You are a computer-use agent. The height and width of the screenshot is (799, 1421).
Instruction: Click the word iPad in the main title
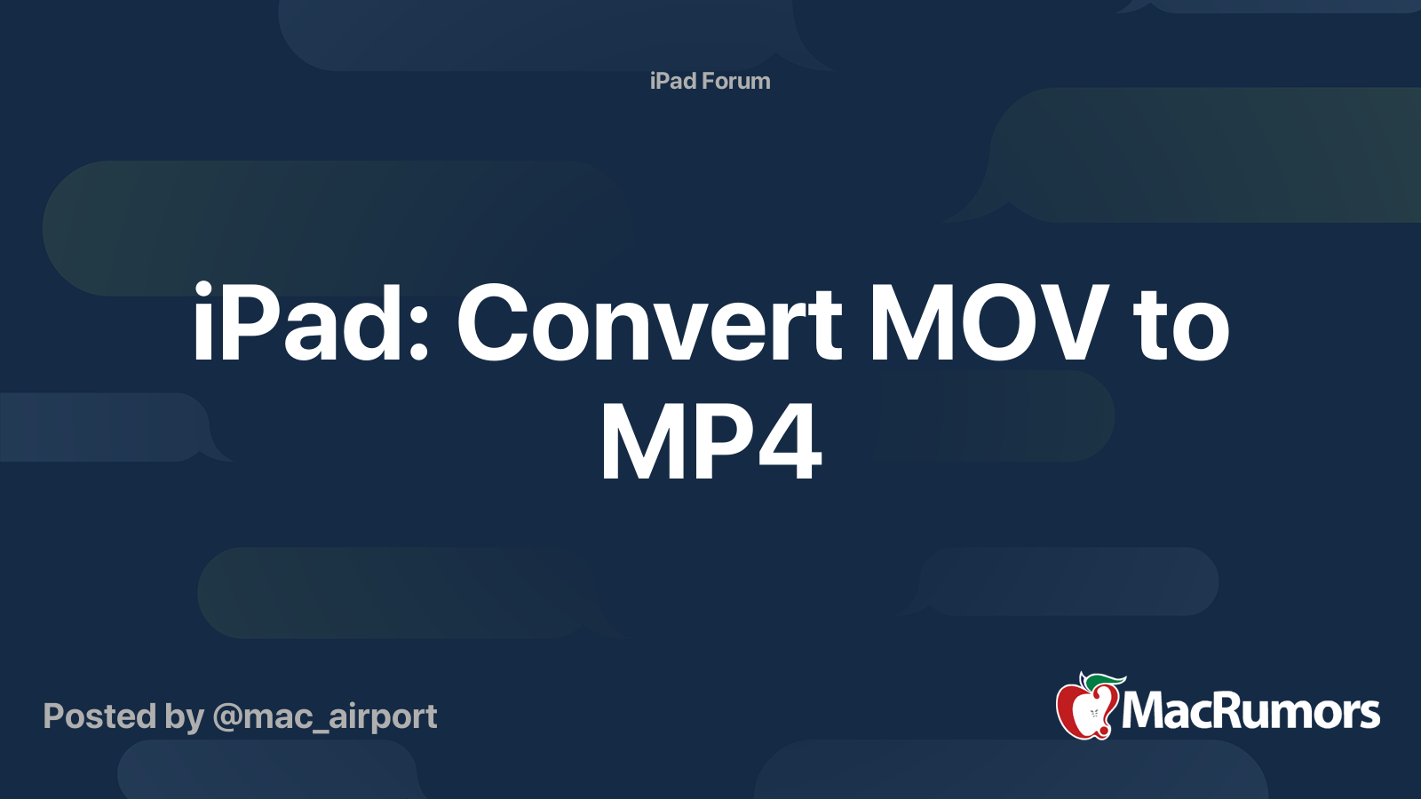pos(298,322)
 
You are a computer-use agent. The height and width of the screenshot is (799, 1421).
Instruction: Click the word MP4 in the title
pos(711,440)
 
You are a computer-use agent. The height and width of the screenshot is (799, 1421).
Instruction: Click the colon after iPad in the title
pos(418,332)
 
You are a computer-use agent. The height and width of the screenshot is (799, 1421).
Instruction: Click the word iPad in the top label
pos(673,81)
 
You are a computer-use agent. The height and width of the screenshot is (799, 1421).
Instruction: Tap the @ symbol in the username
pos(226,718)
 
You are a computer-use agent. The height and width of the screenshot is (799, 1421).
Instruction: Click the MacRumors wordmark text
pos(1250,711)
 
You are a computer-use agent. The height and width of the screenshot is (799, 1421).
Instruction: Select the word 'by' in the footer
pos(185,718)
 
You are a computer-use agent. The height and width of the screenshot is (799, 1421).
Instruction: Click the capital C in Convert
pos(492,322)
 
